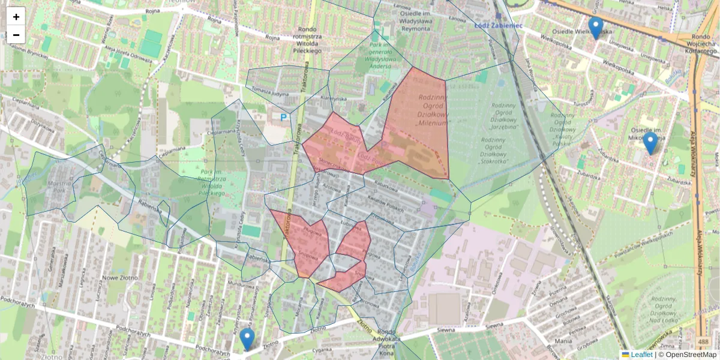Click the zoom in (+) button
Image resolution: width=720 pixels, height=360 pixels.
click(16, 17)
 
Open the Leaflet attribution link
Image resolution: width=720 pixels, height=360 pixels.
click(641, 355)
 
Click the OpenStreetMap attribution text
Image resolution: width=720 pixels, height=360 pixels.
click(690, 355)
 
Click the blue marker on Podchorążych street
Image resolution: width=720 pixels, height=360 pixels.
click(247, 339)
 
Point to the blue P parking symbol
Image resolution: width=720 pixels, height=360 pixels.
click(283, 118)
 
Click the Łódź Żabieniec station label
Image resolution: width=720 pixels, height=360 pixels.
click(490, 25)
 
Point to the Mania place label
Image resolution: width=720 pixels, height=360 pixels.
click(563, 341)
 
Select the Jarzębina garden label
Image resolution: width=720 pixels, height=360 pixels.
click(504, 127)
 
